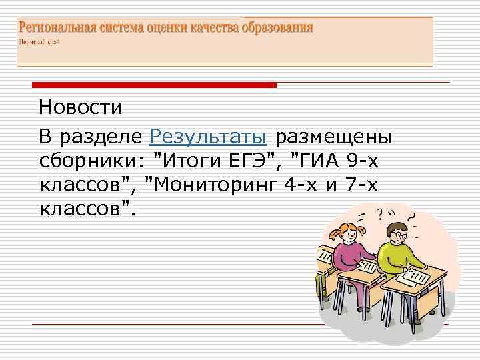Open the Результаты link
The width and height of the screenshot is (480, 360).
point(209,137)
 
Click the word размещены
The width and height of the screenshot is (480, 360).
point(334,137)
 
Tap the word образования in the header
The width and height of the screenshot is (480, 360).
point(279,28)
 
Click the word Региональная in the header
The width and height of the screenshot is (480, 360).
point(57,28)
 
